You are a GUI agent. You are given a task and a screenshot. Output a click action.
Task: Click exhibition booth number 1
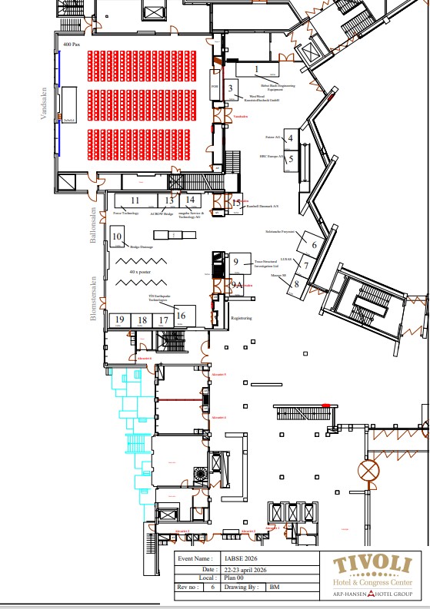[x=256, y=69]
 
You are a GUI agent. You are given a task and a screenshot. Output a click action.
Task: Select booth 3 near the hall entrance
[x=230, y=88]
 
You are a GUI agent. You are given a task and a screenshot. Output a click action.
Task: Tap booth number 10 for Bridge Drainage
[x=117, y=237]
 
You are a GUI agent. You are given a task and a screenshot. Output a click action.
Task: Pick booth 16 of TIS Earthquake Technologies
[x=181, y=315]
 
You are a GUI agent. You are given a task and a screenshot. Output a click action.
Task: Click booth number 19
[x=119, y=320]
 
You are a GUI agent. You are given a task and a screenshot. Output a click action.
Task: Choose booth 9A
[x=237, y=284]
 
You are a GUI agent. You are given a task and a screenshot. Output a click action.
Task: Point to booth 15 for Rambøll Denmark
[x=236, y=201]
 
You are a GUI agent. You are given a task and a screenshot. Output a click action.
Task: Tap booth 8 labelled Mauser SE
[x=296, y=283]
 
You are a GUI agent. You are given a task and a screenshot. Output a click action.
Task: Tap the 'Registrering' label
[x=242, y=317]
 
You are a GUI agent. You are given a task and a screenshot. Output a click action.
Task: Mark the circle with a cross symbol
[x=373, y=469]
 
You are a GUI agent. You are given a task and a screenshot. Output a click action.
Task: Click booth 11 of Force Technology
[x=135, y=200]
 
